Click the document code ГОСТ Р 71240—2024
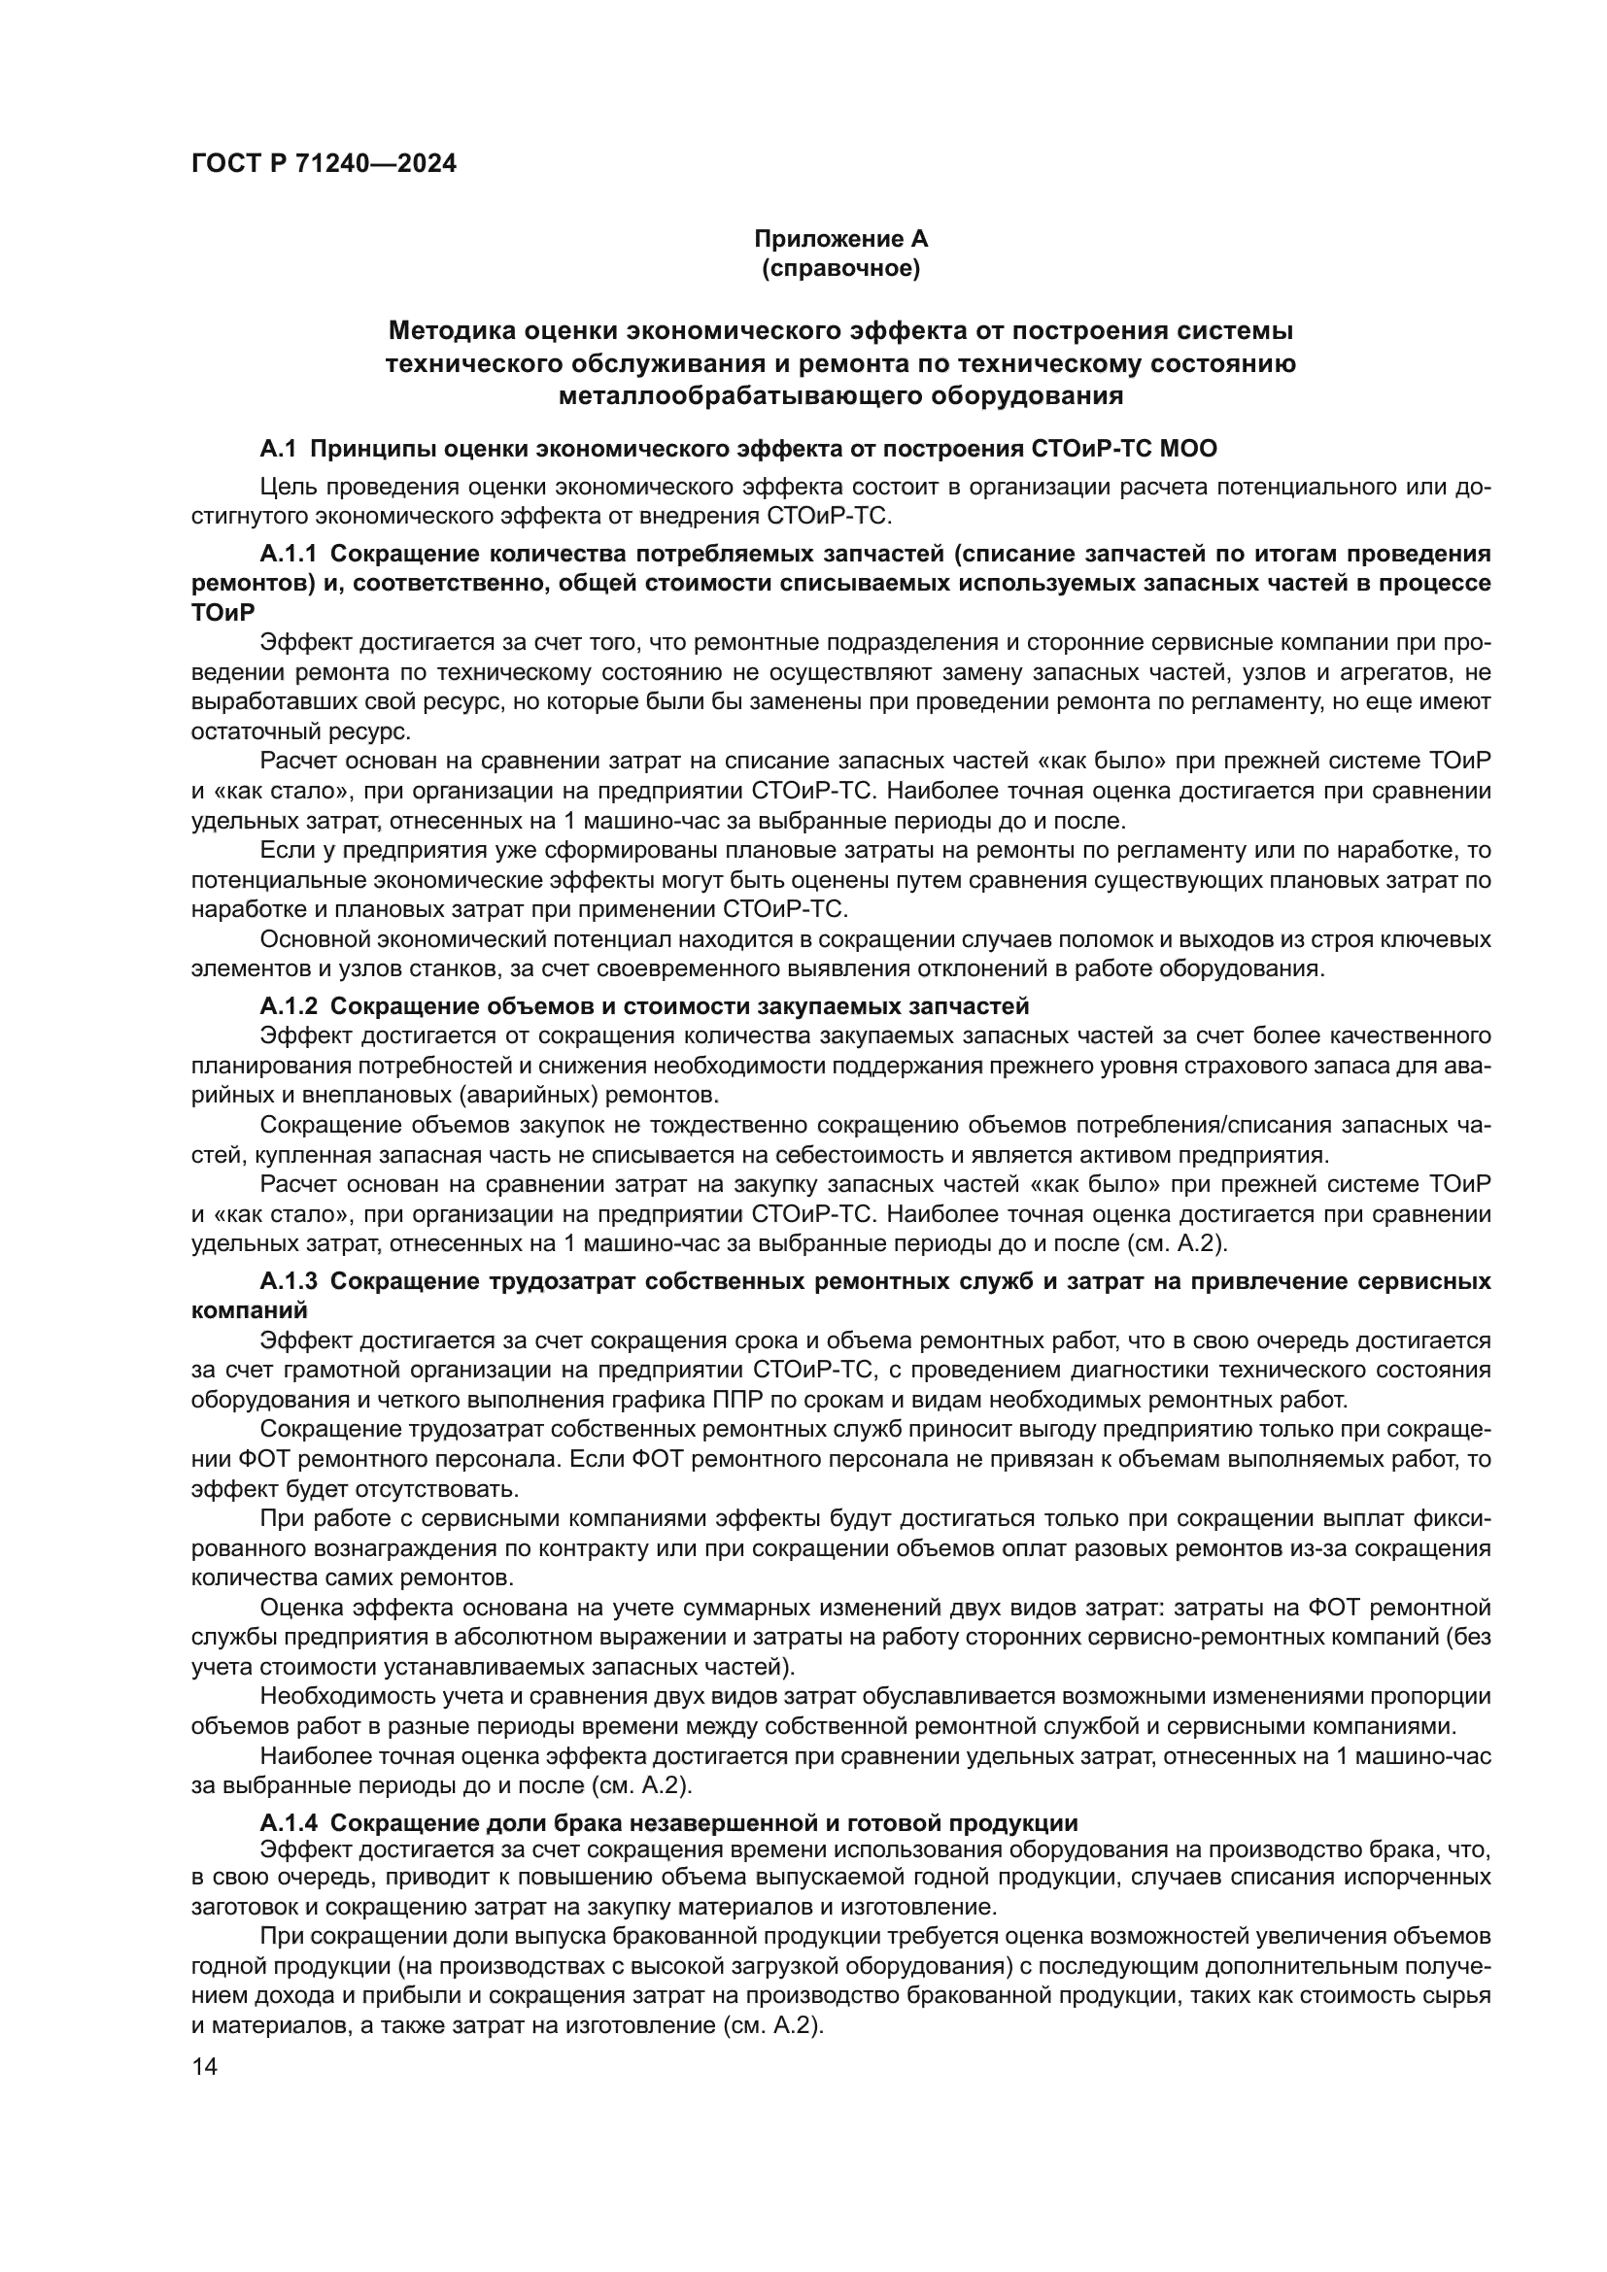(x=324, y=164)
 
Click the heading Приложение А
(x=841, y=239)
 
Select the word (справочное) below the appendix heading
(x=841, y=269)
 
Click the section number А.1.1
(x=289, y=552)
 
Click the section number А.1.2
(x=289, y=1006)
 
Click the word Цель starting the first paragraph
(x=283, y=487)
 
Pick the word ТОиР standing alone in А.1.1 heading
(x=222, y=614)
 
